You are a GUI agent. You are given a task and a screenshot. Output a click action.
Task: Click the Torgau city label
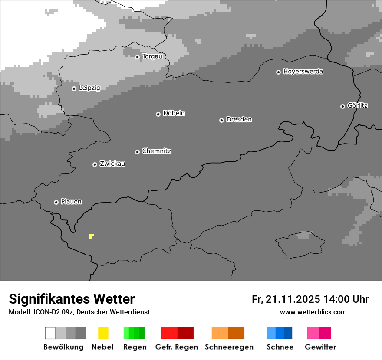pos(152,56)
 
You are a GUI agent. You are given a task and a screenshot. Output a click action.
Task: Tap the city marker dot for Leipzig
pos(74,88)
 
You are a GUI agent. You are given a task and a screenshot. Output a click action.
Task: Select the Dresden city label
pos(239,119)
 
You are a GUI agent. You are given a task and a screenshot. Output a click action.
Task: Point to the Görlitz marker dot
pos(342,106)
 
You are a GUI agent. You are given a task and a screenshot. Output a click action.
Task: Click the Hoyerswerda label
pos(303,72)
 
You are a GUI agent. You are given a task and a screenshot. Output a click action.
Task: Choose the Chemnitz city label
pos(156,151)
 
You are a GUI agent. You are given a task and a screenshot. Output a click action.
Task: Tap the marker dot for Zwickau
pos(95,164)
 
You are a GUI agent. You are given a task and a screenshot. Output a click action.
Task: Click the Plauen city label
pos(71,202)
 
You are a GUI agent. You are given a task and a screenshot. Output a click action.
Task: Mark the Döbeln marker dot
pos(158,114)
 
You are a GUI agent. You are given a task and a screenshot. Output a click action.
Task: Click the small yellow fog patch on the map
pos(91,236)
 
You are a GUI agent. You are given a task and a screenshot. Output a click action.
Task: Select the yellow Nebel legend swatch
pos(103,333)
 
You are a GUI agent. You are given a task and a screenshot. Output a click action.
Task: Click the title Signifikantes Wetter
pos(72,299)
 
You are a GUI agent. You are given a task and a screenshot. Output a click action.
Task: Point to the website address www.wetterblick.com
pos(313,312)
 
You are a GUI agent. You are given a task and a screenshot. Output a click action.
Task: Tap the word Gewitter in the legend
pos(320,347)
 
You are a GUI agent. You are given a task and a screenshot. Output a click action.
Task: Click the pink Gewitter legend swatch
pos(319,333)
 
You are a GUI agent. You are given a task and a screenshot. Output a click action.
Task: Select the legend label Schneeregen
pos(229,347)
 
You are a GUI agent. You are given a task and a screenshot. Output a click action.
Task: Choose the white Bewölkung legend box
pos(50,333)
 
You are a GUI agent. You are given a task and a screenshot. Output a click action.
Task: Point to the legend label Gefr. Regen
pos(176,347)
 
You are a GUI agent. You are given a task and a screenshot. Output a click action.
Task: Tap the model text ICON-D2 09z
pos(50,312)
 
